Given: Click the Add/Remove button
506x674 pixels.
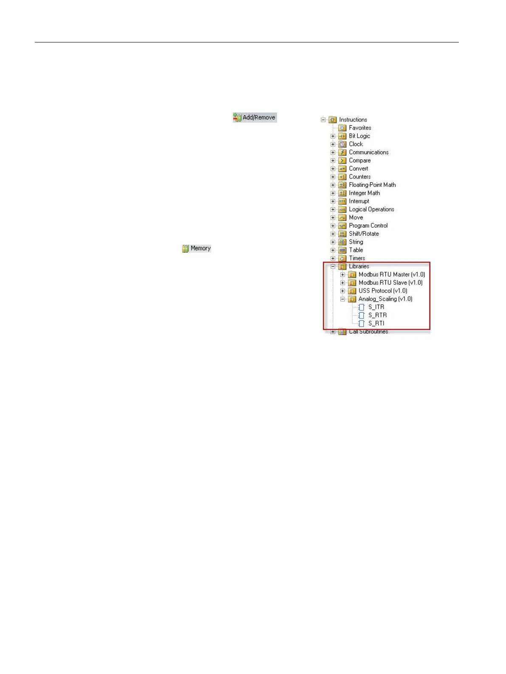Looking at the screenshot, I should [255, 118].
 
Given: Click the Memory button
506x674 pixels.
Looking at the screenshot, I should [197, 248].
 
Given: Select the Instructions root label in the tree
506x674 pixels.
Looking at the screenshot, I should [353, 120].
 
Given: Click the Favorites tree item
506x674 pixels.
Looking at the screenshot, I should [360, 128].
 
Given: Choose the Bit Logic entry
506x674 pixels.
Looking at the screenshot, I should [359, 136].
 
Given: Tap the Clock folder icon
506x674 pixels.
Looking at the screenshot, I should [342, 144].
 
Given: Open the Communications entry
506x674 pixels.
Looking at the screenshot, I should [368, 152].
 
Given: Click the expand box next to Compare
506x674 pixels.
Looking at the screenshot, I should [333, 161].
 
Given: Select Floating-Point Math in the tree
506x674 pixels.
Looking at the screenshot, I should [372, 185].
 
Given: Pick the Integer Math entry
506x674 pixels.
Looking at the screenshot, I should [364, 193].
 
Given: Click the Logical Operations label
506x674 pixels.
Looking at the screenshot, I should [371, 209].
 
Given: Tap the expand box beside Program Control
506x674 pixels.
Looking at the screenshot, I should [333, 226].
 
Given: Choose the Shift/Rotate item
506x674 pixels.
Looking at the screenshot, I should [364, 234].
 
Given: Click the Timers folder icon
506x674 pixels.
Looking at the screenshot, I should [342, 259].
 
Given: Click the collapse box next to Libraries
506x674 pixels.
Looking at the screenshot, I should [333, 267].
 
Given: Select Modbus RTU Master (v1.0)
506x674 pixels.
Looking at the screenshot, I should [391, 275].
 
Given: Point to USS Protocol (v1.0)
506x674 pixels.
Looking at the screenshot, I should [382, 291].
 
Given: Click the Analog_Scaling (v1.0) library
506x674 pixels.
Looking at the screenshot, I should [385, 299].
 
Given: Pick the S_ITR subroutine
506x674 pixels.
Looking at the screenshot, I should [376, 307].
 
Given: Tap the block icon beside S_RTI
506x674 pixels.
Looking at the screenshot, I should [362, 324].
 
